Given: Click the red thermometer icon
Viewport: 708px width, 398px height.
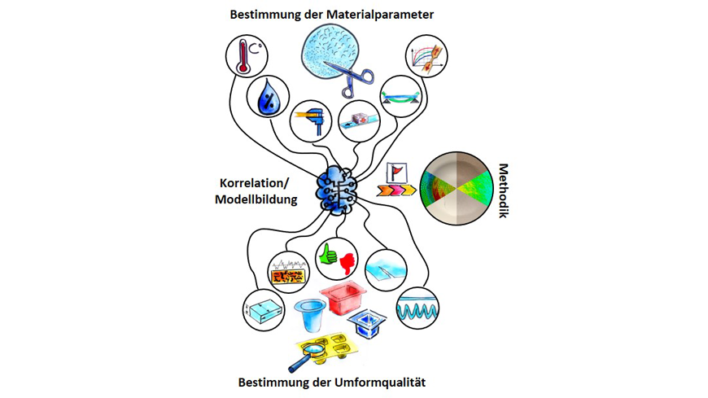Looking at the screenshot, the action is [x=243, y=56].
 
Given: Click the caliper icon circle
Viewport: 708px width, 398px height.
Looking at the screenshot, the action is [x=311, y=121].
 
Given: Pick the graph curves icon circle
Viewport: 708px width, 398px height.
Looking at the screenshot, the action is [x=426, y=56].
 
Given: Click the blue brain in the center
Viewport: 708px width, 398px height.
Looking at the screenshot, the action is [x=337, y=190].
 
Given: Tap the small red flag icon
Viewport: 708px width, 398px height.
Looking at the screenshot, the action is [x=396, y=173].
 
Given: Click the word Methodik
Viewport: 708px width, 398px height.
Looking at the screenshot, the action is [x=503, y=190].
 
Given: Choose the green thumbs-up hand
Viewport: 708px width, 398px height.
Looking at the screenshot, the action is [x=328, y=254].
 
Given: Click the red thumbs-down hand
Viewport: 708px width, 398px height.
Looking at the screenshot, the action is [x=347, y=264].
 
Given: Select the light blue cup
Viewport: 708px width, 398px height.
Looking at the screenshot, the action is [x=310, y=315].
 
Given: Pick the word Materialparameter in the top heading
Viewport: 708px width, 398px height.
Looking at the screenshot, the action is [x=380, y=15].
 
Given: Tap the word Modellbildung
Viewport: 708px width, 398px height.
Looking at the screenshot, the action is [x=256, y=199].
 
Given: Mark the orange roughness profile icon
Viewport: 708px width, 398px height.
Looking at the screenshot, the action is [x=289, y=273].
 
